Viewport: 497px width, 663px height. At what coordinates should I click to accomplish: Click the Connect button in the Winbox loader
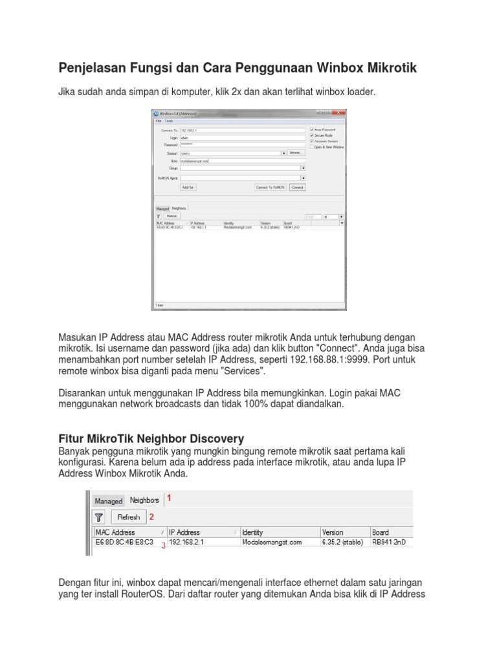pyautogui.click(x=297, y=187)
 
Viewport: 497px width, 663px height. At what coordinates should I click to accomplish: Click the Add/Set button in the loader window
pyautogui.click(x=188, y=187)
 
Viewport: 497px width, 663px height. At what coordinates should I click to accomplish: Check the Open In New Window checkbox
pyautogui.click(x=311, y=147)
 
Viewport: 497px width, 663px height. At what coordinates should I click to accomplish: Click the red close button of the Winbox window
pyautogui.click(x=342, y=114)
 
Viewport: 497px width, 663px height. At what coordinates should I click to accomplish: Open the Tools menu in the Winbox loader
pyautogui.click(x=169, y=120)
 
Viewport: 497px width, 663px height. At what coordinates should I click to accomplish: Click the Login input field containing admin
pyautogui.click(x=242, y=138)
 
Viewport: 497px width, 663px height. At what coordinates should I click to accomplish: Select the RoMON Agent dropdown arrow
pyautogui.click(x=304, y=177)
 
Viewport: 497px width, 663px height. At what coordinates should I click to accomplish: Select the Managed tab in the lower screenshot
pyautogui.click(x=108, y=500)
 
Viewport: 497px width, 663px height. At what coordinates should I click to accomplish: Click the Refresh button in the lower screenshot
pyautogui.click(x=129, y=517)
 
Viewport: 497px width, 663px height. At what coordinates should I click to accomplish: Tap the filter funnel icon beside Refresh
pyautogui.click(x=98, y=517)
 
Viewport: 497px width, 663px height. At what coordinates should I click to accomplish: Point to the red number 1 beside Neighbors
pyautogui.click(x=170, y=499)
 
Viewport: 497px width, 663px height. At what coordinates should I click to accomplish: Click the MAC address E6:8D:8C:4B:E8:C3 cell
pyautogui.click(x=124, y=542)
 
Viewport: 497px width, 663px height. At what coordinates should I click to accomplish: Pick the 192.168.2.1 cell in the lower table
pyautogui.click(x=186, y=542)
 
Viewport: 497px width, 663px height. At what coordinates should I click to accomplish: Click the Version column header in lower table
pyautogui.click(x=333, y=532)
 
